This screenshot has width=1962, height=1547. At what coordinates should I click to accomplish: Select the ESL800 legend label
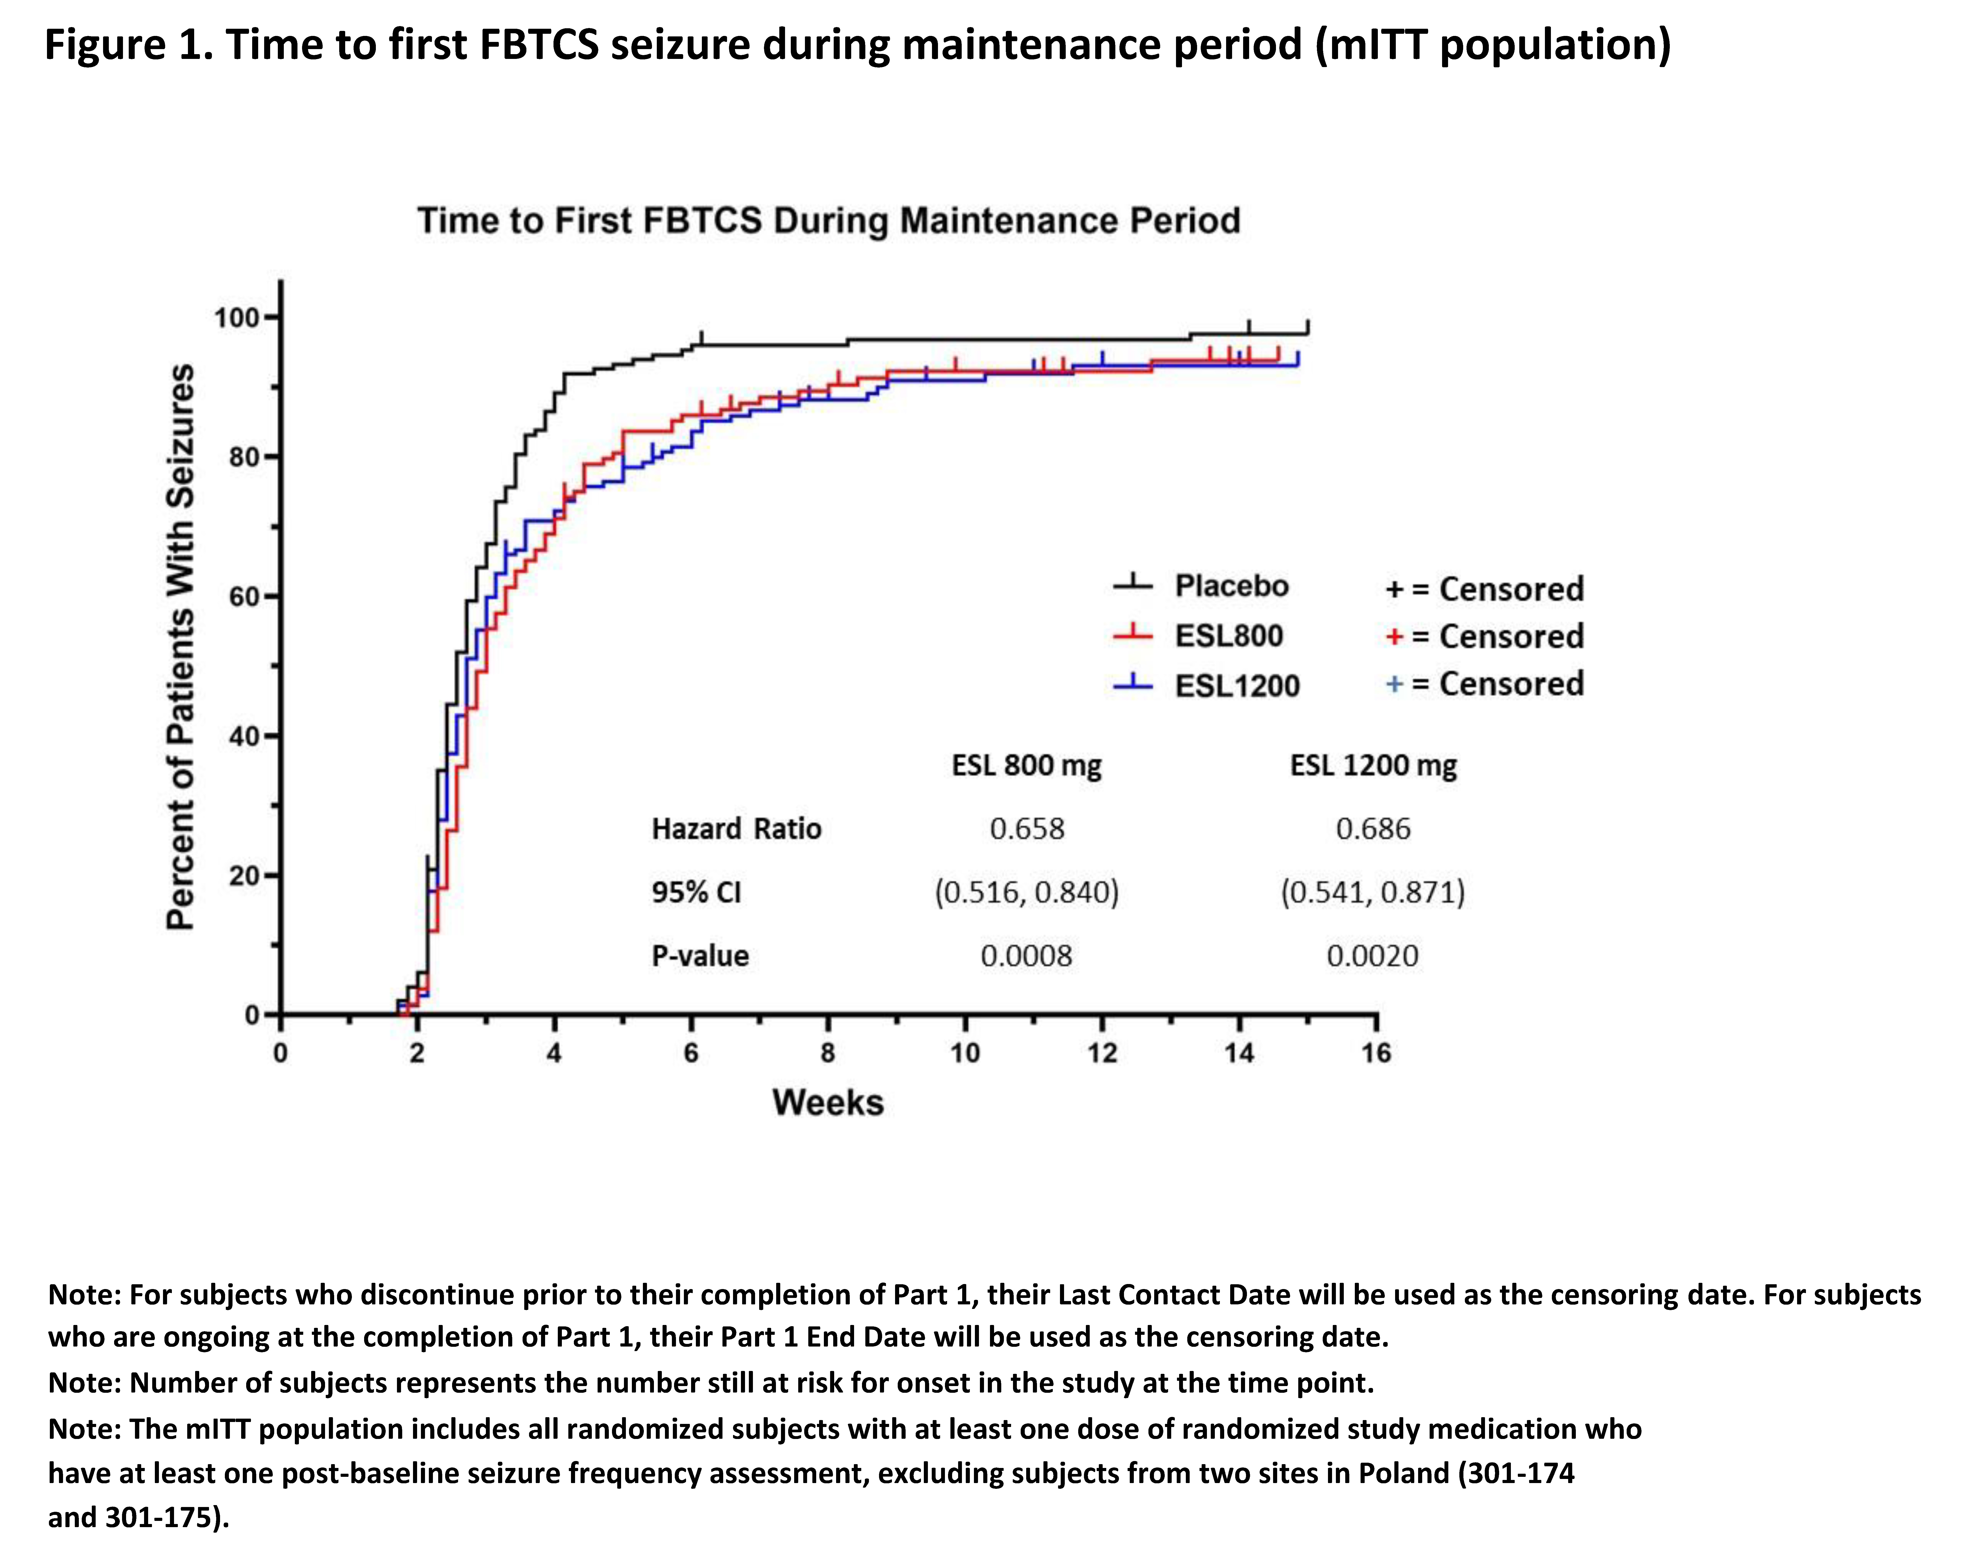(1229, 636)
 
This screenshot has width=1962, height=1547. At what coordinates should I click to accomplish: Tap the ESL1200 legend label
(1237, 686)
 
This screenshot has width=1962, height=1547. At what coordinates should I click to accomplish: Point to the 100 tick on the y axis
(272, 317)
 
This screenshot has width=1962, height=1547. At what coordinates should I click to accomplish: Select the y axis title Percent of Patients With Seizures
(180, 647)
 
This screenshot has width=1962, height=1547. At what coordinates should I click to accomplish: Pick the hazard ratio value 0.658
(1027, 829)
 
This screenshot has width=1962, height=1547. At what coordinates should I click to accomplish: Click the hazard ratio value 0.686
(1373, 829)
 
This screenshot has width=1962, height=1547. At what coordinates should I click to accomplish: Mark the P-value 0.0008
(1027, 956)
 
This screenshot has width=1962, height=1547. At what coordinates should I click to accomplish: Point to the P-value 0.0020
(1373, 956)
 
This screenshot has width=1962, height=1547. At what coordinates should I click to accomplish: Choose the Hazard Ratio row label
(736, 829)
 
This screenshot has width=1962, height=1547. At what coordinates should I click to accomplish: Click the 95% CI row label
(696, 892)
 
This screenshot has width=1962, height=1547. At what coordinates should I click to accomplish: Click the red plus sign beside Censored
(1394, 637)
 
